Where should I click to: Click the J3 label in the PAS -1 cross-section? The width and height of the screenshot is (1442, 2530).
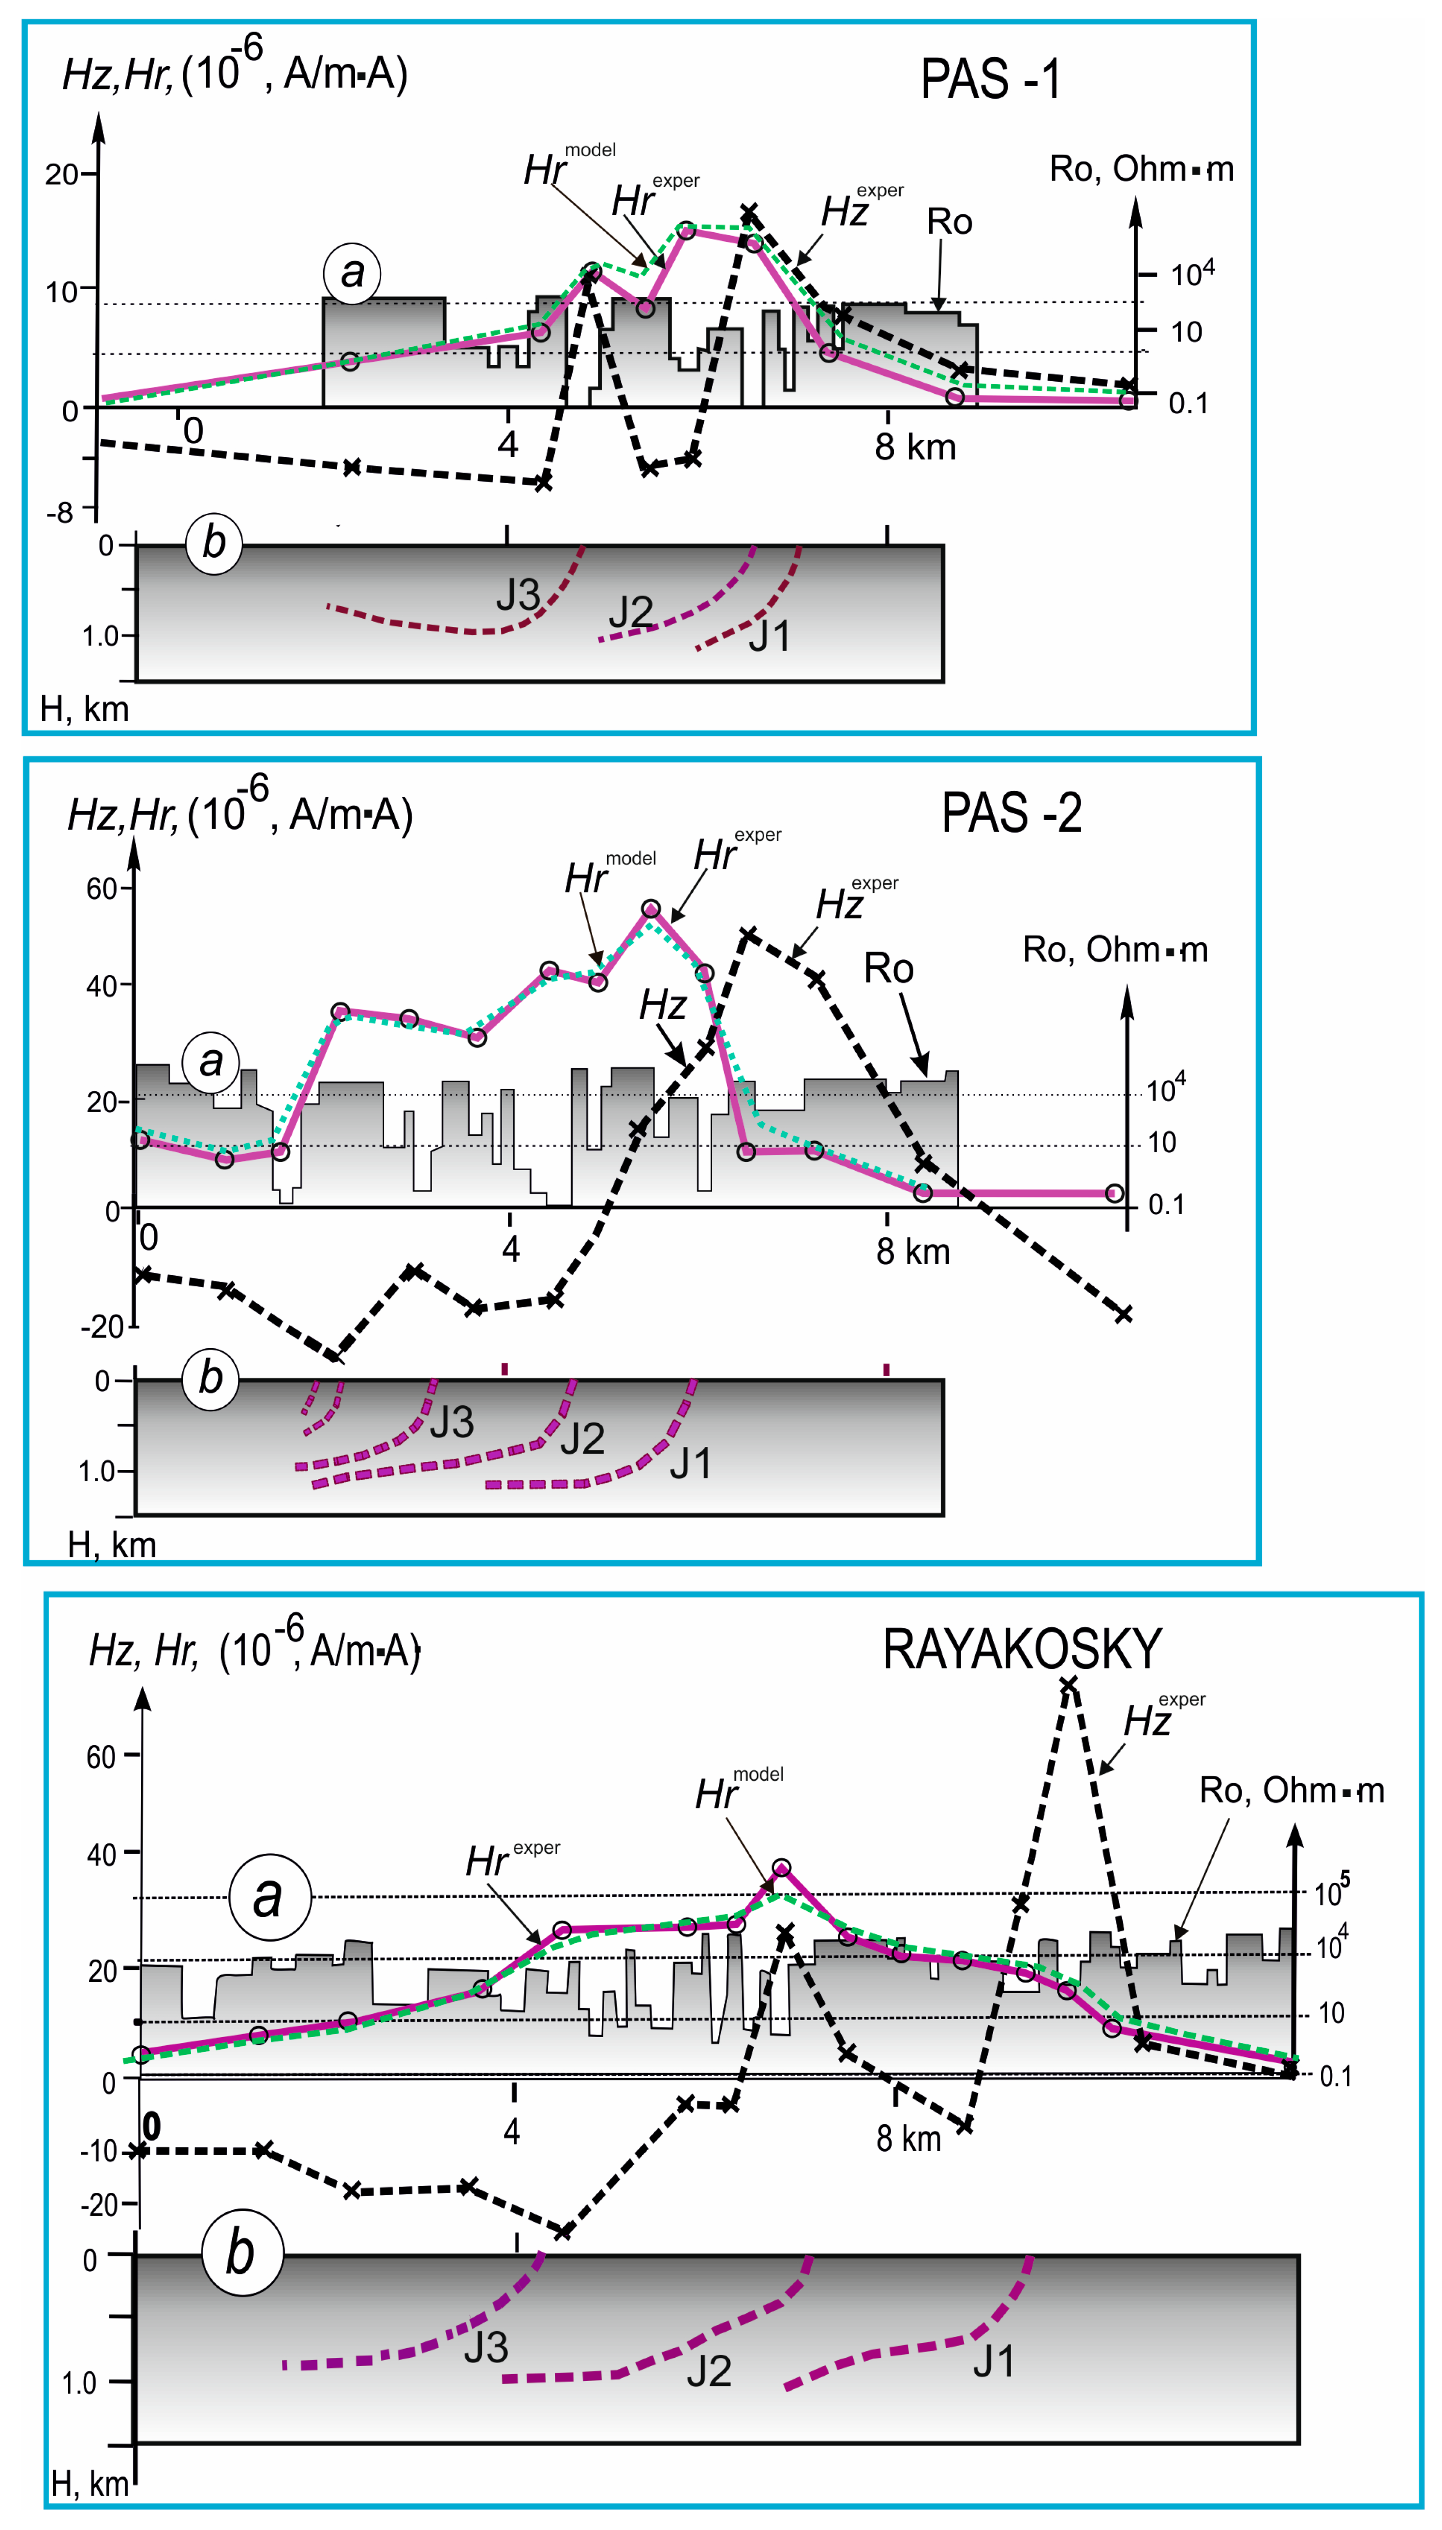coord(517,595)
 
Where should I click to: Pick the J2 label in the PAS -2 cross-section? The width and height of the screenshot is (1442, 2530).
coord(581,1438)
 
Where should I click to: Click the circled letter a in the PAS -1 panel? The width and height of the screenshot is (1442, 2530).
coord(352,273)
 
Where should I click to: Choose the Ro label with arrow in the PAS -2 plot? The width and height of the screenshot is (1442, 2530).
coord(889,968)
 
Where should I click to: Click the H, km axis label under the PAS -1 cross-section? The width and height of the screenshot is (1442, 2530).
coord(84,709)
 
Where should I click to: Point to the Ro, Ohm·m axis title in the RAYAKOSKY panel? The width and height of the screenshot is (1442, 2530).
coord(1291,1790)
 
